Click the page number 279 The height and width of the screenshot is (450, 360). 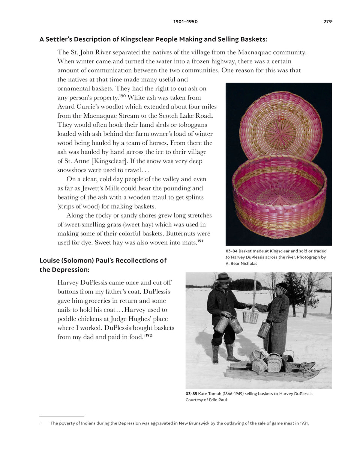coord(327,22)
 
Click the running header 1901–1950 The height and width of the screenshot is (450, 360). coord(185,22)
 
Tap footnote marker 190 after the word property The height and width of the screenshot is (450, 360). coord(122,96)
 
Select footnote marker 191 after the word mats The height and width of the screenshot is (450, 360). coord(200,241)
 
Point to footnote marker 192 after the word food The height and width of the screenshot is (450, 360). coord(149,335)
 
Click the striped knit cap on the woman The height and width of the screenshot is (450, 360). coord(282,286)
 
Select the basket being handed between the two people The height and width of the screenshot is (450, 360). coord(250,317)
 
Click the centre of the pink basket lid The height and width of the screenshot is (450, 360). coord(280,132)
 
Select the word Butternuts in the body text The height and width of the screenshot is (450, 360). coord(180,234)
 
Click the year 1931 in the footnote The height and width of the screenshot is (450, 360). coord(302,423)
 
